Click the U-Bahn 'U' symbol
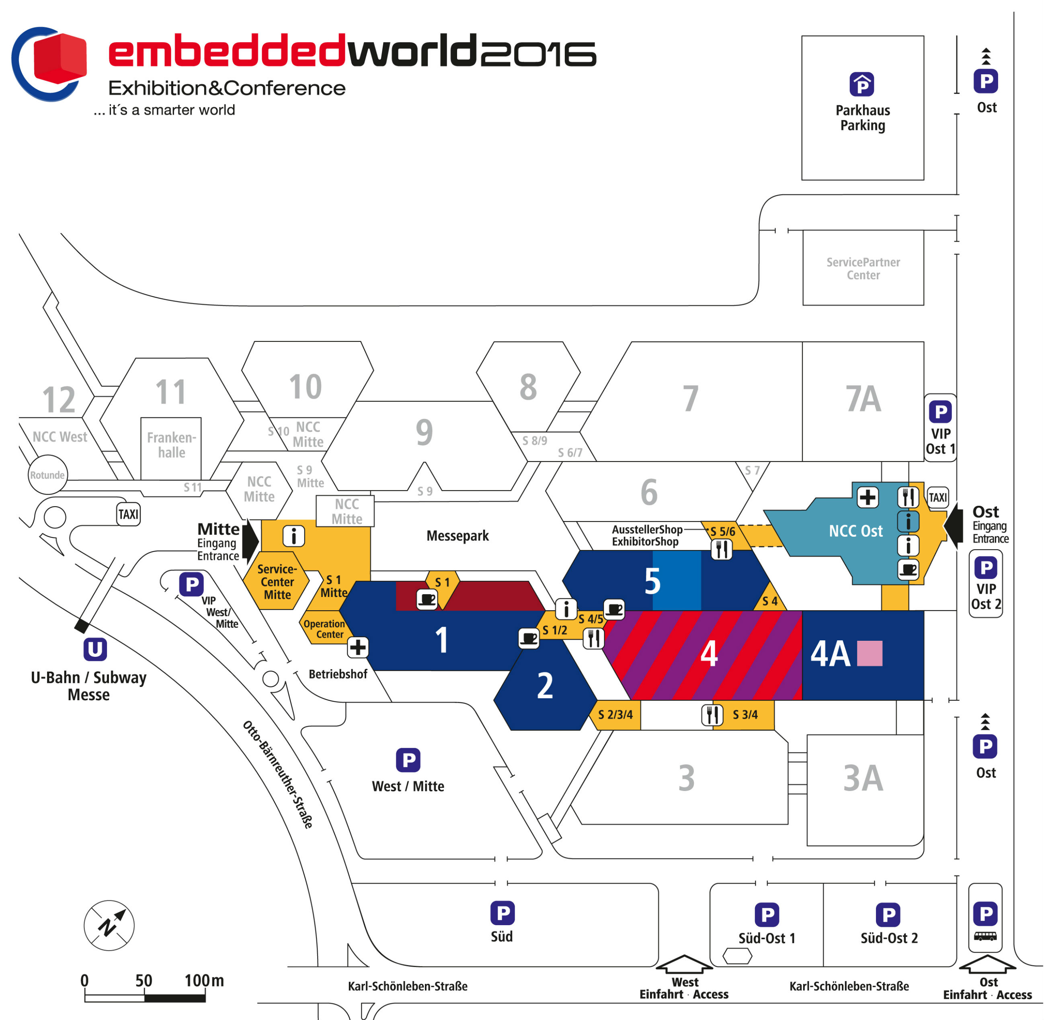coord(95,649)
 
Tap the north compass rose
coord(109,925)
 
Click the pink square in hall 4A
coord(869,653)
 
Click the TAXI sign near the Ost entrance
coord(937,497)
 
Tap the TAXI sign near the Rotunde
coord(128,514)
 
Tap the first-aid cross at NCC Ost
coord(867,497)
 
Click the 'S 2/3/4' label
coord(615,715)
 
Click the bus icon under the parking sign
coord(985,936)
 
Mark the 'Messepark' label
coord(457,536)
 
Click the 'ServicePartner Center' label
coord(863,268)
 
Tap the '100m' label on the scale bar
coord(204,980)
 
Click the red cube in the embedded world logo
coord(59,59)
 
